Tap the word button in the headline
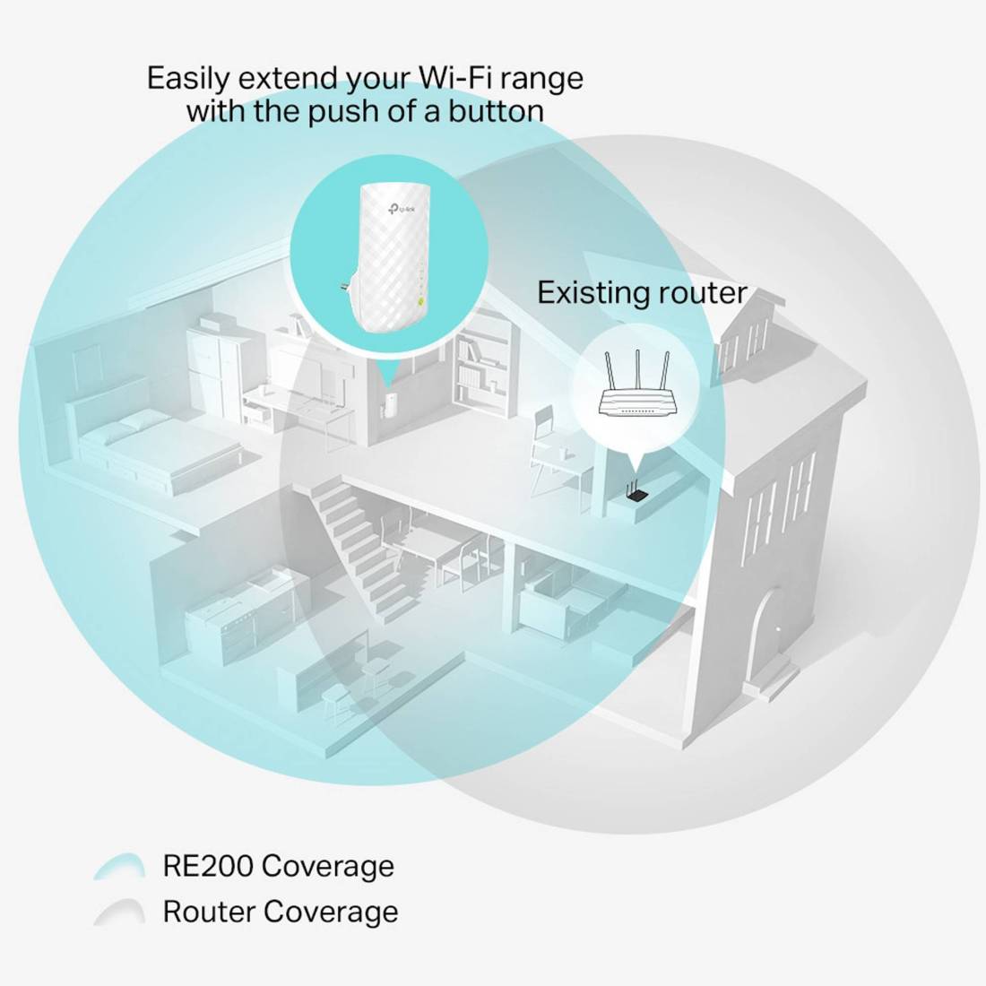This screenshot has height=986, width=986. [x=496, y=110]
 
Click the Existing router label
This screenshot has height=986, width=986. [x=642, y=293]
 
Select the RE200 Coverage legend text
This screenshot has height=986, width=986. [x=279, y=865]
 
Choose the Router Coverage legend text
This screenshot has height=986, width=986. [x=281, y=912]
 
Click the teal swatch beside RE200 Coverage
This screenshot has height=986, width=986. [x=119, y=866]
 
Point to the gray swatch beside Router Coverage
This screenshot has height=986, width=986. [x=119, y=912]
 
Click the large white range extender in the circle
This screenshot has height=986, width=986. [x=390, y=258]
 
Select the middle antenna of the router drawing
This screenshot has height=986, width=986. [x=637, y=370]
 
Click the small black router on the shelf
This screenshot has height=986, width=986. [x=636, y=492]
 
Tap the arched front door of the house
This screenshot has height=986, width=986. [x=771, y=636]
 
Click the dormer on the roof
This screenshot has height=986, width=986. [x=748, y=336]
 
